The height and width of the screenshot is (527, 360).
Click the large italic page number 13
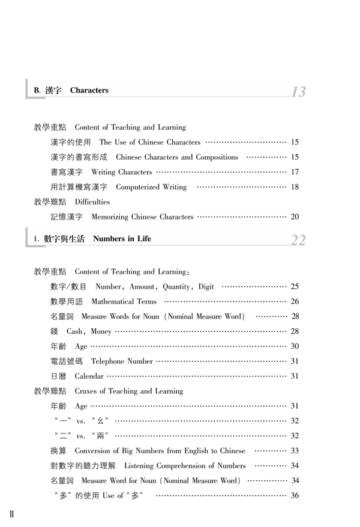[298, 92]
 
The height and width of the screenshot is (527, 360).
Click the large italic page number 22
[298, 240]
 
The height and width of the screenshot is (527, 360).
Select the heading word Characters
[89, 91]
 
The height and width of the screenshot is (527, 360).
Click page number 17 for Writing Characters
[295, 172]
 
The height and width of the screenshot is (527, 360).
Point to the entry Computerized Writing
[150, 187]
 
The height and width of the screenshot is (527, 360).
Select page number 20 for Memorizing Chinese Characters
[295, 216]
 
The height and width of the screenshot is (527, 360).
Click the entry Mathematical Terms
[124, 301]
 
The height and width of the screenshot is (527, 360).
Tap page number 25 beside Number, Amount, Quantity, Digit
[295, 286]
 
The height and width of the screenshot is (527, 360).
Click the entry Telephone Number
[122, 361]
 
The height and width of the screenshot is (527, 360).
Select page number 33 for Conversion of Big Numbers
[295, 450]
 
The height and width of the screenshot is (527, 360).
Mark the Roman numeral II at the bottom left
[11, 514]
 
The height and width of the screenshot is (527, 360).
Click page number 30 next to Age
[295, 346]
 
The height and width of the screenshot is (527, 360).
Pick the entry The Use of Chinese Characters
[150, 142]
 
